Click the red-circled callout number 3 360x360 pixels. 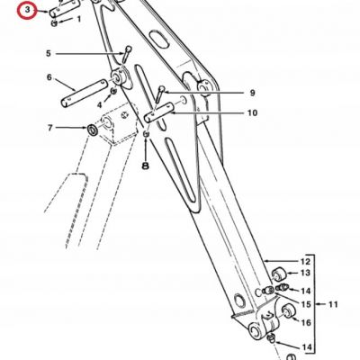click(28, 10)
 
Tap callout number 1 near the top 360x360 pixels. click(79, 20)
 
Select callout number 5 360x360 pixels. click(49, 54)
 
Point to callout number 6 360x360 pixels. click(49, 77)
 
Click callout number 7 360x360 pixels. click(49, 128)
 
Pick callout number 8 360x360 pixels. click(146, 166)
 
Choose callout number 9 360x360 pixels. click(252, 93)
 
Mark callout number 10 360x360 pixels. click(252, 113)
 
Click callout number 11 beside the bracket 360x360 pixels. click(333, 305)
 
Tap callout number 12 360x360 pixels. click(305, 262)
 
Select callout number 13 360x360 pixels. click(305, 273)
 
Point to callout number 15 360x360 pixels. click(306, 305)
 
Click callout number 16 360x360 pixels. click(306, 323)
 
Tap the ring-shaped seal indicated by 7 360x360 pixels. click(92, 130)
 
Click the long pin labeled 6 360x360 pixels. click(85, 93)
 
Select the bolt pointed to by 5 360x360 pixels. click(127, 54)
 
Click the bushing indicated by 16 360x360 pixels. click(288, 310)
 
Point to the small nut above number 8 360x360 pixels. click(146, 133)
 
